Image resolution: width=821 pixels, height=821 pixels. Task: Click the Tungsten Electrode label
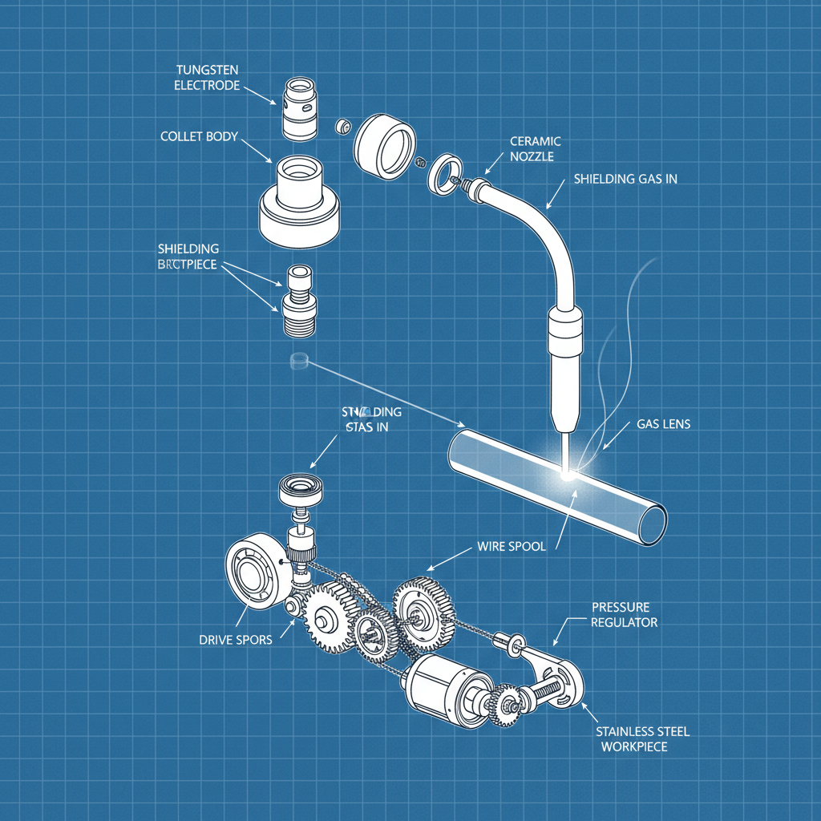pyautogui.click(x=207, y=77)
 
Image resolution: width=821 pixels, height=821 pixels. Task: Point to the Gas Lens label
pyautogui.click(x=663, y=423)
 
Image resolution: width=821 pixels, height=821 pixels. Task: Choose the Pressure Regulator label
pyautogui.click(x=624, y=614)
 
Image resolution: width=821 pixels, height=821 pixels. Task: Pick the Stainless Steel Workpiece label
pyautogui.click(x=643, y=738)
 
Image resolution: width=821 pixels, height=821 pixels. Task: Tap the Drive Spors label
pyautogui.click(x=235, y=639)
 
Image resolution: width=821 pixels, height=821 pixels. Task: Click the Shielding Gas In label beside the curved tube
pyautogui.click(x=625, y=179)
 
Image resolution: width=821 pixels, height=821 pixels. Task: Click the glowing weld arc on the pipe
pyautogui.click(x=568, y=474)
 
